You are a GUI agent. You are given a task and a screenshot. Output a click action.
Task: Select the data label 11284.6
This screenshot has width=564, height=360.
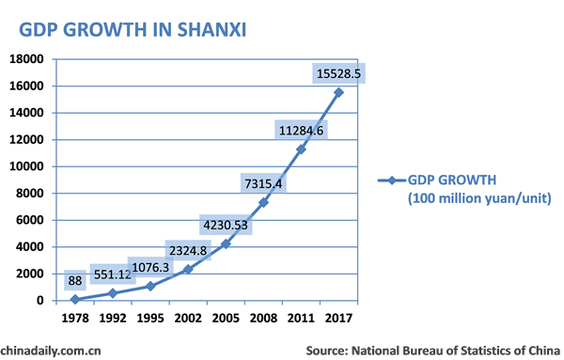point(300,130)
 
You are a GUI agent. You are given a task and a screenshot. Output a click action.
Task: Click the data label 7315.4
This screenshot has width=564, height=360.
point(262,182)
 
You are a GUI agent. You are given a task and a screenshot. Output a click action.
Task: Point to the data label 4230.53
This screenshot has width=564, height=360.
point(225,225)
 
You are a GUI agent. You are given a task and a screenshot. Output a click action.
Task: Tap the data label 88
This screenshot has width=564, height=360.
point(74,280)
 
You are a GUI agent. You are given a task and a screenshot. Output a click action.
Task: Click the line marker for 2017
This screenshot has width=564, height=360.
point(338,92)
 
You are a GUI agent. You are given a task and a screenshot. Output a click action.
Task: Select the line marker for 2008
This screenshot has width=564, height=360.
point(263,202)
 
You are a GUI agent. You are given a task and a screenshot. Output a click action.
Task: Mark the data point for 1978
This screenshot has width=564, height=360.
point(75,299)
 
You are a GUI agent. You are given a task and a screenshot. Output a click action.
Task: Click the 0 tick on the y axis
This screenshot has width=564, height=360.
point(40,301)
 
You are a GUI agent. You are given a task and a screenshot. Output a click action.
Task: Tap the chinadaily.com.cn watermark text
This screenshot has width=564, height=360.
point(51,350)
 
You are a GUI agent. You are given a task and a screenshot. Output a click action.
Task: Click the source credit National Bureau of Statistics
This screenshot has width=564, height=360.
point(431,350)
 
